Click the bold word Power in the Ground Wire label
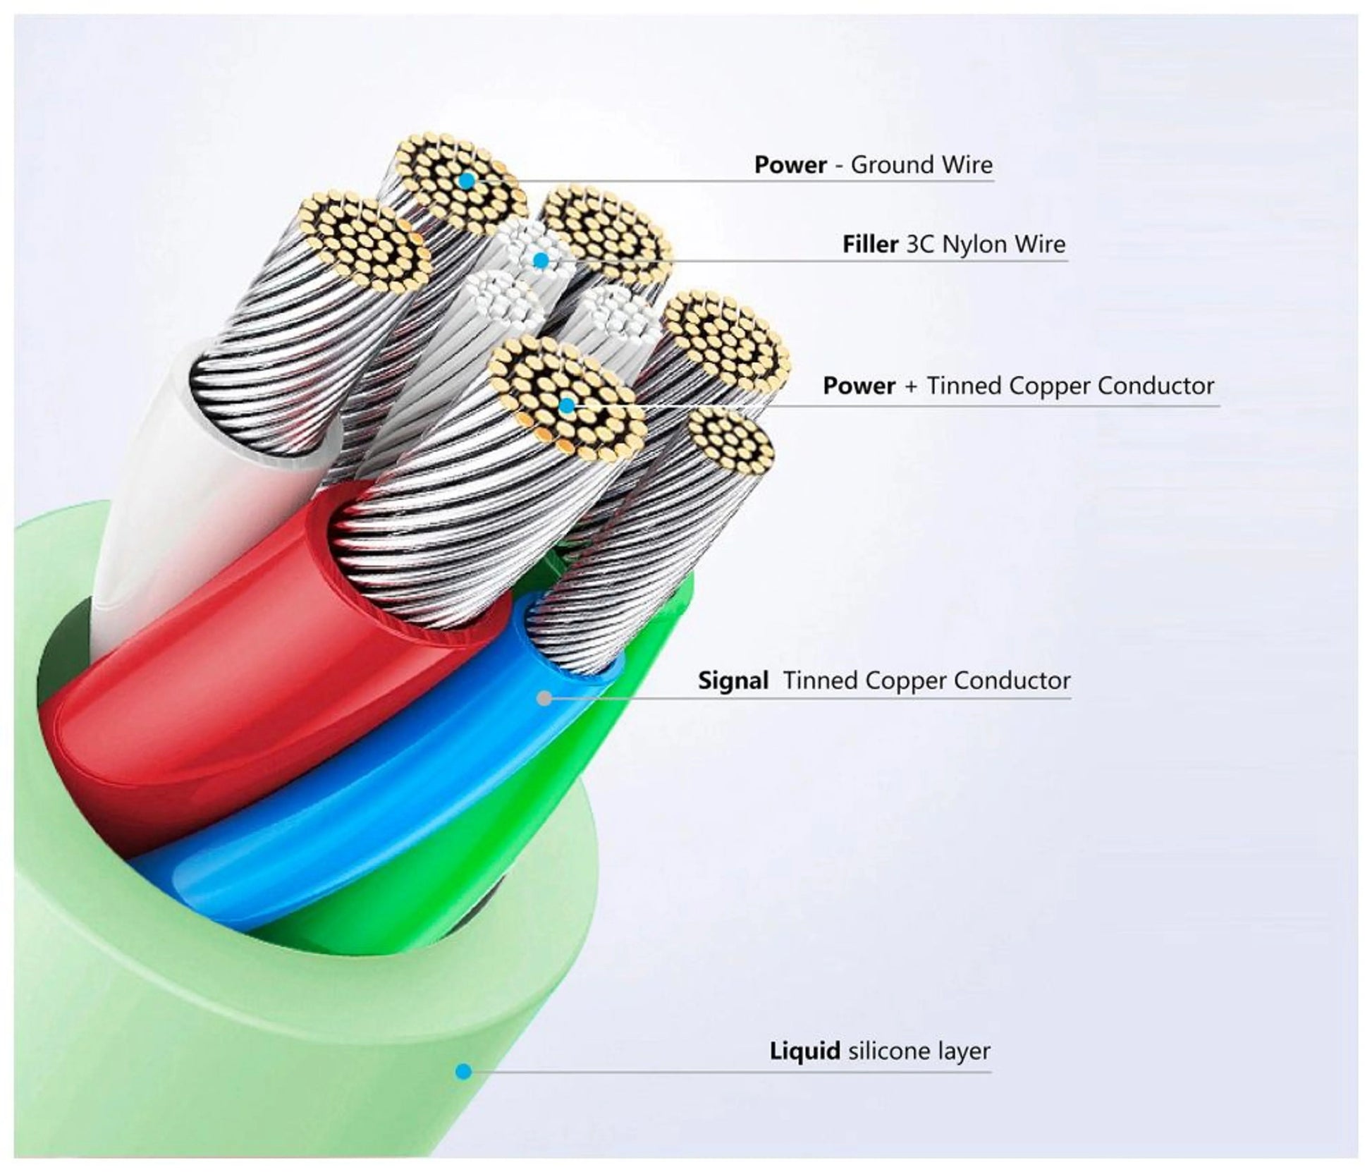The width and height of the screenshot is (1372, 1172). tap(790, 165)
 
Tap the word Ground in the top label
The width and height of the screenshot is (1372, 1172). tap(884, 165)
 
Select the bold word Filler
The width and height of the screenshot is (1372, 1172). tap(870, 245)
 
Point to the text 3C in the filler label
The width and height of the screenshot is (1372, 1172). tap(920, 245)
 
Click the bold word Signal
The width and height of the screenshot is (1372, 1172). tap(733, 680)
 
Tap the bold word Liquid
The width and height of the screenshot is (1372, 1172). tap(804, 1051)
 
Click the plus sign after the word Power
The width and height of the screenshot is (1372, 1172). tap(911, 386)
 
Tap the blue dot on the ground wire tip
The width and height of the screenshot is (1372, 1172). tap(465, 181)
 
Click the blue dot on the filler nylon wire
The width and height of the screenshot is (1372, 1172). tap(541, 261)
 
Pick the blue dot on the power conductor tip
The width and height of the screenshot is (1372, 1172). tap(566, 405)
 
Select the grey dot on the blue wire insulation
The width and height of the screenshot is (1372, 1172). tap(544, 698)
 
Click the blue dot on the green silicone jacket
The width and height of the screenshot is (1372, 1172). tap(463, 1072)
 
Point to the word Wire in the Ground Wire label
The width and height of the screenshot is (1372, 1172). tap(967, 165)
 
